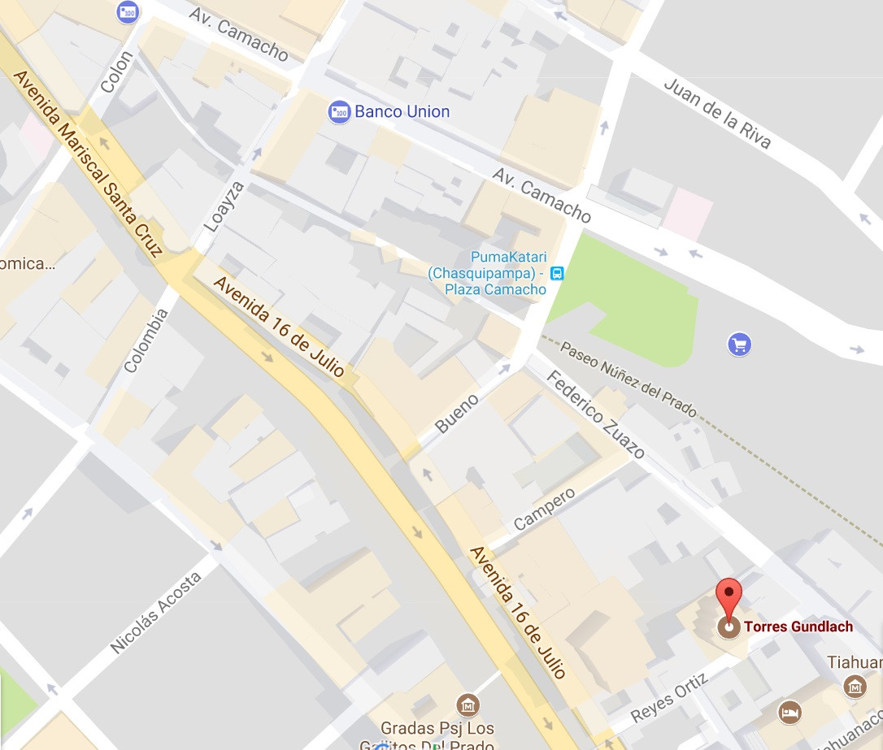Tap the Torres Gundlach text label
pos(798,626)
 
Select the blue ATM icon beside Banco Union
pos(338,112)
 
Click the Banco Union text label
pos(402,112)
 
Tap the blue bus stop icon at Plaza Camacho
pos(557,273)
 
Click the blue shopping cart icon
pos(738,345)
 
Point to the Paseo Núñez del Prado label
pos(629,379)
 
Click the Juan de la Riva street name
pos(716,113)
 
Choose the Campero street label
pos(544,509)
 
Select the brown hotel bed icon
pos(789,713)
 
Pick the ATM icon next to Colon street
pos(128,12)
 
